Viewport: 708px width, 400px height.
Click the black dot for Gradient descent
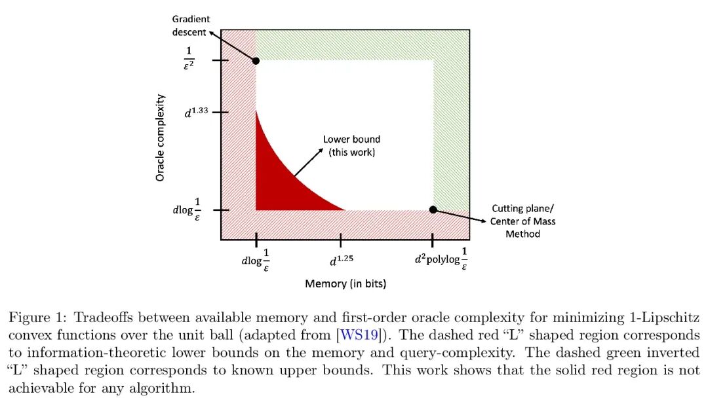tap(256, 61)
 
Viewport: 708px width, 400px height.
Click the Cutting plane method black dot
tap(433, 209)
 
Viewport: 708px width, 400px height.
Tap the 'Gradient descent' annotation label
tap(191, 26)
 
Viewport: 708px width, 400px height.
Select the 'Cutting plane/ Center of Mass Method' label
tap(522, 221)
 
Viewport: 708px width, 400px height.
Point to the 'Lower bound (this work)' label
tap(351, 145)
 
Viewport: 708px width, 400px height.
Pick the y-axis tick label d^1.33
tap(197, 112)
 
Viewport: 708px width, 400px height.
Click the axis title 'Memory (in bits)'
tap(345, 284)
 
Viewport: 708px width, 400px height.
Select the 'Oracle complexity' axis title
tap(160, 137)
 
